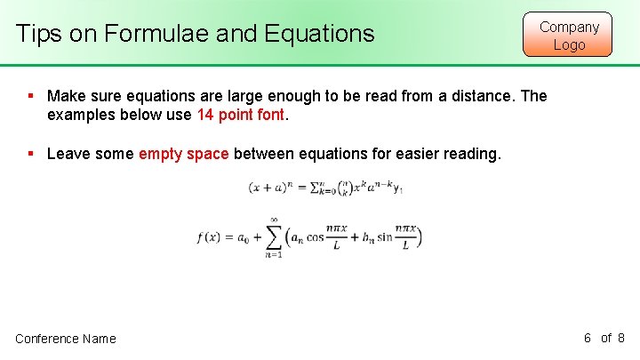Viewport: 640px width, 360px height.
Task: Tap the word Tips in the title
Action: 38,35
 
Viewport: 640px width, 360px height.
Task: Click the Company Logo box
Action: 569,35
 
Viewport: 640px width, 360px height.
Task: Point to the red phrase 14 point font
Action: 241,115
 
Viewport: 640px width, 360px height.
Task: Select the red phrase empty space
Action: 184,154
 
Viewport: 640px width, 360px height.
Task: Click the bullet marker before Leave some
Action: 31,154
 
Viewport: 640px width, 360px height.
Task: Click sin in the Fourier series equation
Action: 384,237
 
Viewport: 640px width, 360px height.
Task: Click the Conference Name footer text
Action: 65,339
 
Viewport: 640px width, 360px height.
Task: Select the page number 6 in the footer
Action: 588,338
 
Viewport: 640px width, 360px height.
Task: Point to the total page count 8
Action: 620,338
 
